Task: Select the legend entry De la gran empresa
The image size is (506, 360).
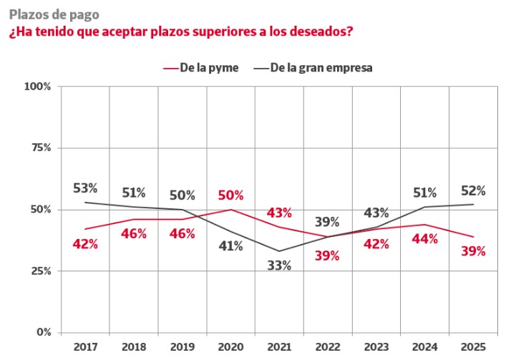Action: [x=321, y=67]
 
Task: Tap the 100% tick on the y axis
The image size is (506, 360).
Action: [x=38, y=87]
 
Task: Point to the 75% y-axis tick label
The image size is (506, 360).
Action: [x=40, y=148]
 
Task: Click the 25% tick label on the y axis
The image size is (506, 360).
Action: [x=40, y=271]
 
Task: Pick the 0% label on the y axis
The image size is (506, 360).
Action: [x=43, y=333]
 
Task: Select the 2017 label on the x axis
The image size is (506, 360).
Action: [x=85, y=346]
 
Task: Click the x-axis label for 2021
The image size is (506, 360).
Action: [x=279, y=346]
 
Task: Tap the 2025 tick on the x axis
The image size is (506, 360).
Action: [x=473, y=346]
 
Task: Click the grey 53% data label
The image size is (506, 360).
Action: [x=85, y=188]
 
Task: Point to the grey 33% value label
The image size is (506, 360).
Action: [x=279, y=266]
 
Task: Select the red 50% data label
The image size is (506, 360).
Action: [x=230, y=195]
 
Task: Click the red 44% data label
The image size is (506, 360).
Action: [x=425, y=239]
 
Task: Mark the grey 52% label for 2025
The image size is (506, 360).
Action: [x=473, y=190]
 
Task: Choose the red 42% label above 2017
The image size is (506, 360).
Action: [x=85, y=243]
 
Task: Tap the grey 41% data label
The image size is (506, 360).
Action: [x=230, y=246]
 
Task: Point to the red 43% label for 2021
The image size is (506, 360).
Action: [x=279, y=213]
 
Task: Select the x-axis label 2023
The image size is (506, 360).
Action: [x=376, y=346]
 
